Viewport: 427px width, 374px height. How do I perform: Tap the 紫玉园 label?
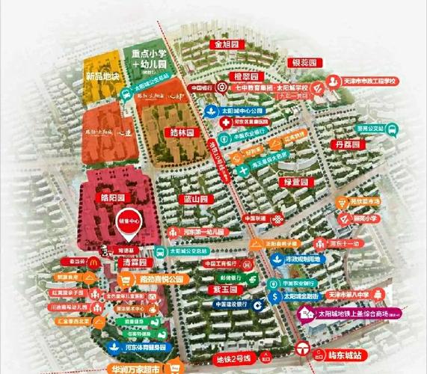(223, 289)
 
